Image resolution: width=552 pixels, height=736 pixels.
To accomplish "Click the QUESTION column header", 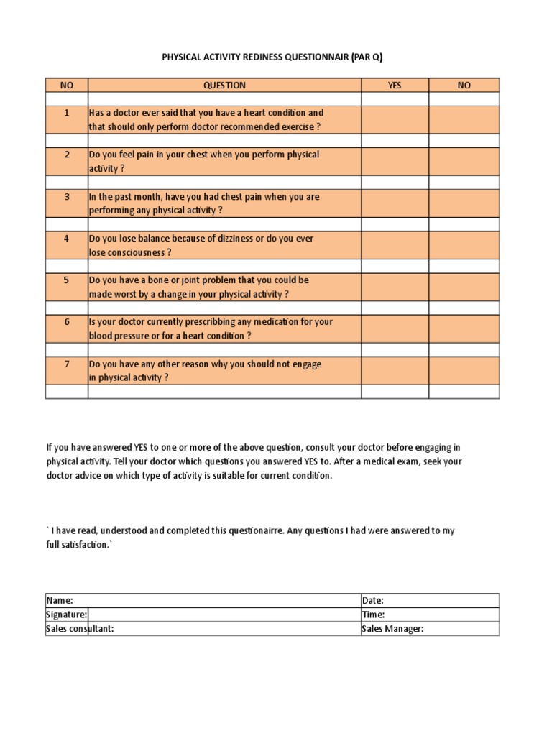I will (224, 86).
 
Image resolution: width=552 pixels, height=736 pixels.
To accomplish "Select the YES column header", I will (395, 86).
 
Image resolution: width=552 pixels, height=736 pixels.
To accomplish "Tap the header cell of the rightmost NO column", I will (464, 86).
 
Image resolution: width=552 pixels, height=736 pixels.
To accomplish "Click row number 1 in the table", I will (66, 113).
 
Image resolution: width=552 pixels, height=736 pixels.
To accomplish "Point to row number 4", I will (66, 239).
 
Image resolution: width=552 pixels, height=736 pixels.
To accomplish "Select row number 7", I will (66, 364).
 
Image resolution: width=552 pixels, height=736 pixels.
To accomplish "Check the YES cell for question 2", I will (395, 162).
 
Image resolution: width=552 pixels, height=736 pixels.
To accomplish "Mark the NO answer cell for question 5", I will (464, 287).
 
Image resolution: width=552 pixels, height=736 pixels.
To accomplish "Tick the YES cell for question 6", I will (395, 329).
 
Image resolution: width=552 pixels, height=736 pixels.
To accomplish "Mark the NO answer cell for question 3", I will (464, 203).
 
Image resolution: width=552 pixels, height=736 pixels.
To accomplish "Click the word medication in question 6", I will (270, 322).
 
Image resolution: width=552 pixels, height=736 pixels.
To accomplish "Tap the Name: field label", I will (60, 601).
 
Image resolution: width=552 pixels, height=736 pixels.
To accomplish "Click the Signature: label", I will (67, 615).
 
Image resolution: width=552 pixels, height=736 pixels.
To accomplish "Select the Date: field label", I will (373, 601).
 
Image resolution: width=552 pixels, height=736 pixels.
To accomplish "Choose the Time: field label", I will (373, 615).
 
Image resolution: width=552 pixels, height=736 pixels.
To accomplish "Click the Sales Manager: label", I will (392, 629).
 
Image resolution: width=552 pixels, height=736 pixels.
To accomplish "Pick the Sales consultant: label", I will (80, 629).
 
